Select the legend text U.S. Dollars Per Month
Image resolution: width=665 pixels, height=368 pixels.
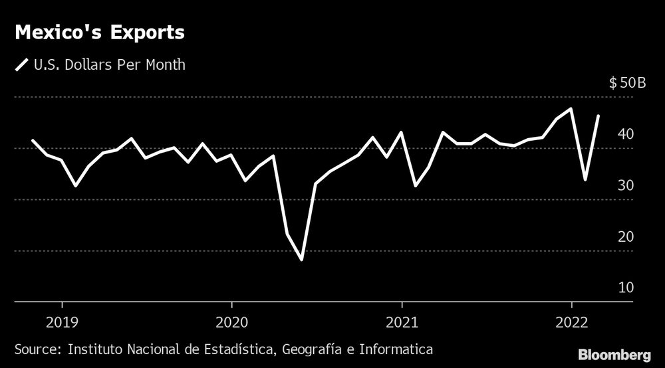[110, 65]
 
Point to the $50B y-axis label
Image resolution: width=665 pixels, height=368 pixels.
[627, 84]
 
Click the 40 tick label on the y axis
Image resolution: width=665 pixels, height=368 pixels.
[625, 135]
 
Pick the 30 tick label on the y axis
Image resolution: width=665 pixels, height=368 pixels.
[625, 186]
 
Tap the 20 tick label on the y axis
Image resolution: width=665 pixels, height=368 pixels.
[625, 237]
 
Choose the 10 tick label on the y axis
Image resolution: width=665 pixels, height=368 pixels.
[625, 288]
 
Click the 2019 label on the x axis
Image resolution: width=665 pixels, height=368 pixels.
[62, 322]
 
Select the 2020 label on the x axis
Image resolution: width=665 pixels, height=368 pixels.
[231, 322]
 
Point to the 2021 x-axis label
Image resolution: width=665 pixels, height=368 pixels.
[402, 322]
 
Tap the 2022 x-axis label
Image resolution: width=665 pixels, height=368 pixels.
[571, 322]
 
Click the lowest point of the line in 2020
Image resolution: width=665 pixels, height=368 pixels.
[302, 260]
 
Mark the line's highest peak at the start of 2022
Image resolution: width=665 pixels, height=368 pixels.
[571, 108]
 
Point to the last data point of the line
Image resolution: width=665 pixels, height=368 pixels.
[599, 116]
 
